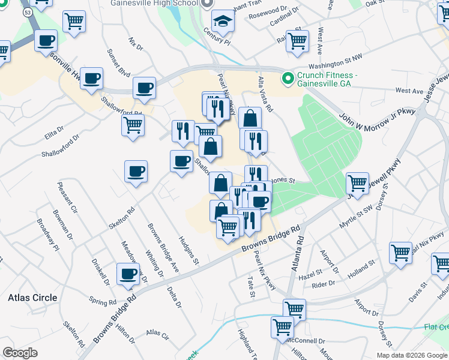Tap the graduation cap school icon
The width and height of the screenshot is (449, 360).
223,21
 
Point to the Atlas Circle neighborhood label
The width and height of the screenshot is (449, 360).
32,298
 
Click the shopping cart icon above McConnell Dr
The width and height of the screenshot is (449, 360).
282,327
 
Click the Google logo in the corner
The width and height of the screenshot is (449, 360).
20,353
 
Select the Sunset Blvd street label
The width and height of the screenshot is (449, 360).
118,64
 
